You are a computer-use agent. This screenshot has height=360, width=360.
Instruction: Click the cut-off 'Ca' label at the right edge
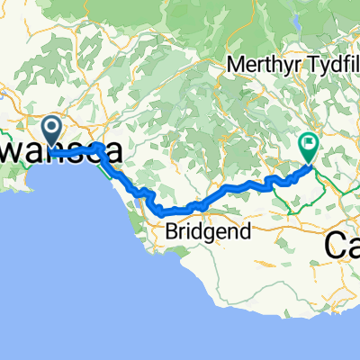point(342,244)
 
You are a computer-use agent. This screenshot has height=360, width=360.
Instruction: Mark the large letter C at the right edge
point(333,244)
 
